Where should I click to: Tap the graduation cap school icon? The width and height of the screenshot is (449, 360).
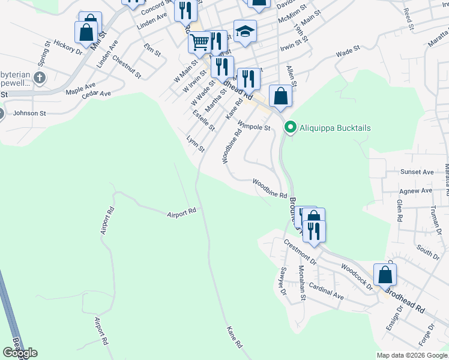pyautogui.click(x=245, y=32)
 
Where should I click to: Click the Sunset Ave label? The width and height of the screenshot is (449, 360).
pyautogui.click(x=417, y=172)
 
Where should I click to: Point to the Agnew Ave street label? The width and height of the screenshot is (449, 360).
pyautogui.click(x=416, y=191)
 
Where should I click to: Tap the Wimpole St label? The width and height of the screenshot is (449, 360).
pyautogui.click(x=254, y=127)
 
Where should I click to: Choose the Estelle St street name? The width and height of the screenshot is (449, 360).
pyautogui.click(x=203, y=121)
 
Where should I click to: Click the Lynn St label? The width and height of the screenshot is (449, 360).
pyautogui.click(x=196, y=144)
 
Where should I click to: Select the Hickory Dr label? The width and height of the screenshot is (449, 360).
pyautogui.click(x=67, y=48)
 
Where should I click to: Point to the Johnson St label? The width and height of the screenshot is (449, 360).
pyautogui.click(x=29, y=113)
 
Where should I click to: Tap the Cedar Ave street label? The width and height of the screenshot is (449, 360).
pyautogui.click(x=97, y=94)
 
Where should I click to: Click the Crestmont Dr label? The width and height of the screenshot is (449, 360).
pyautogui.click(x=300, y=252)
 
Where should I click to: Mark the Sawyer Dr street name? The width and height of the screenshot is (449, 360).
pyautogui.click(x=281, y=281)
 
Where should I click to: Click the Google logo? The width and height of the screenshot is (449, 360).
pyautogui.click(x=20, y=353)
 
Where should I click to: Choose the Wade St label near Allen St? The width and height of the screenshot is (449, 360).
pyautogui.click(x=348, y=52)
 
